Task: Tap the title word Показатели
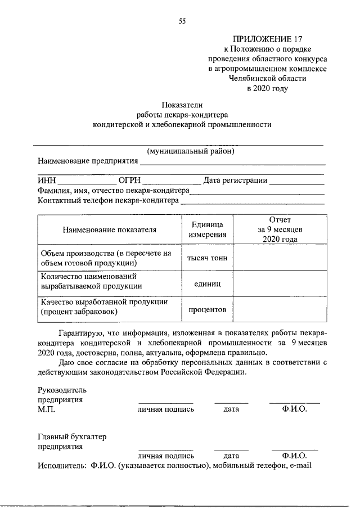pyautogui.click(x=182, y=105)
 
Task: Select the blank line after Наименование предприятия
pyautogui.click(x=232, y=163)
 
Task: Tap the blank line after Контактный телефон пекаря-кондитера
pyautogui.click(x=253, y=201)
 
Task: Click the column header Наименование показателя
pyautogui.click(x=110, y=230)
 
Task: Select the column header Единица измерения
pyautogui.click(x=207, y=230)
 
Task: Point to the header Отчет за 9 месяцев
pyautogui.click(x=280, y=229)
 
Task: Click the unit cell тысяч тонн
pyautogui.click(x=207, y=258)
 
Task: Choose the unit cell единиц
pyautogui.click(x=207, y=284)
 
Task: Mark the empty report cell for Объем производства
pyautogui.click(x=280, y=258)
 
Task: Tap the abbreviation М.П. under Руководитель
pyautogui.click(x=46, y=409)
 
